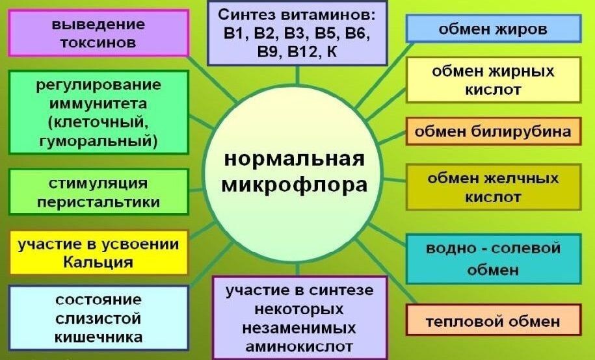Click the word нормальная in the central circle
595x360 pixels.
tap(295, 159)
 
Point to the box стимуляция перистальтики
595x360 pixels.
tap(98, 192)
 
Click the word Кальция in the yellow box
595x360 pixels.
tap(98, 262)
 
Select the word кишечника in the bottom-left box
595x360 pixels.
tap(99, 337)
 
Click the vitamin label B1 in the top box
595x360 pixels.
tap(232, 32)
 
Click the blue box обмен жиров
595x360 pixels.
tap(493, 29)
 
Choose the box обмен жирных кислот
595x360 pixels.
tap(493, 80)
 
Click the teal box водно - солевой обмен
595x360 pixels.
tap(493, 259)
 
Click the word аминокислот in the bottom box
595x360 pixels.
tap(300, 345)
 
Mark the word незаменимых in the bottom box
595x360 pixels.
tap(300, 326)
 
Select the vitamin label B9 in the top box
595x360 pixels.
tap(269, 51)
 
